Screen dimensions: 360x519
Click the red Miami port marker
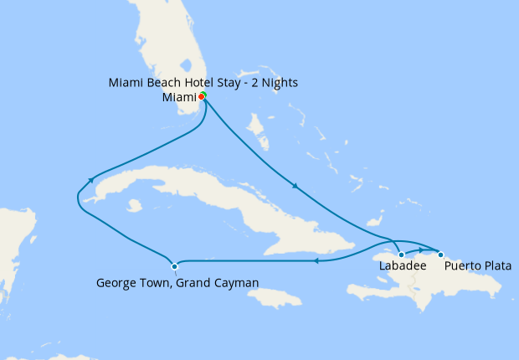click(202, 97)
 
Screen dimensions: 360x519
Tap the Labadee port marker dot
click(402, 255)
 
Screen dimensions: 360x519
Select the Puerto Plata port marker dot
click(440, 254)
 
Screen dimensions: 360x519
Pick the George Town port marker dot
click(174, 267)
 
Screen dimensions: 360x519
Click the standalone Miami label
click(178, 98)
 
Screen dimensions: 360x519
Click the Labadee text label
click(403, 266)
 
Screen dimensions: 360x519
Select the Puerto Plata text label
click(478, 266)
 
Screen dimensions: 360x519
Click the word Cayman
click(235, 283)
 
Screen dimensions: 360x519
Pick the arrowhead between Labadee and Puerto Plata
click(421, 249)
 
